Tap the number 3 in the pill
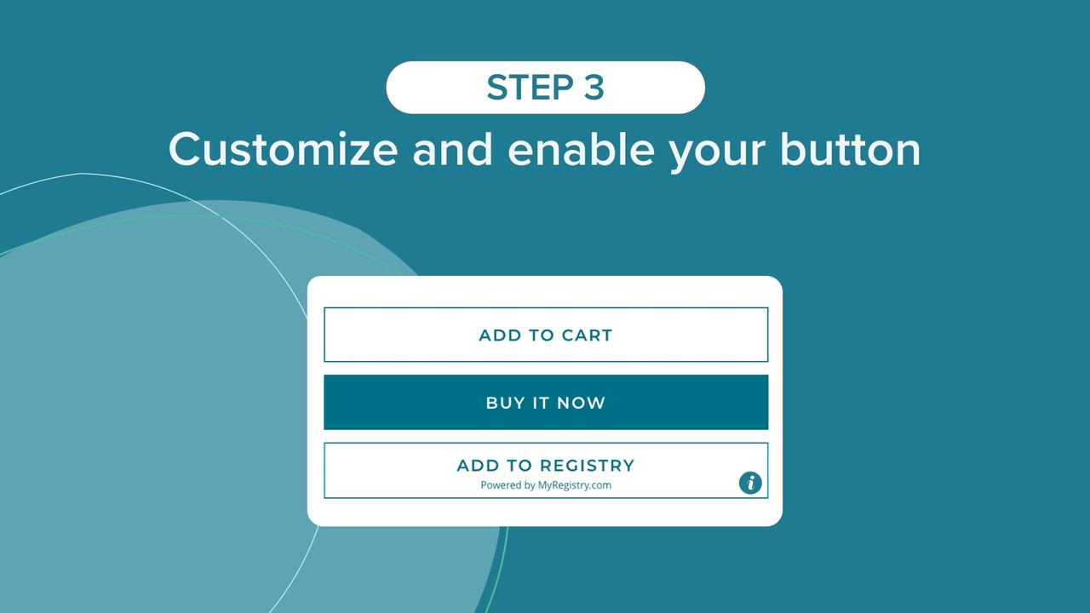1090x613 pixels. point(594,88)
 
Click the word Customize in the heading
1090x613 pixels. point(283,150)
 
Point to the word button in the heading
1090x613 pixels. point(850,150)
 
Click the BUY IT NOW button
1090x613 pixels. point(546,403)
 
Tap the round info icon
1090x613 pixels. point(750,483)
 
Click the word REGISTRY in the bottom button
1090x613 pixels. point(588,466)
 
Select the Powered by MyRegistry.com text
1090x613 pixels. point(546,485)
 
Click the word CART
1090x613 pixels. point(587,335)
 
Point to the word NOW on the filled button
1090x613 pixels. point(582,403)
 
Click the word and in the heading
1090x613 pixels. point(452,150)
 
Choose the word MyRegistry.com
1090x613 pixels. point(575,485)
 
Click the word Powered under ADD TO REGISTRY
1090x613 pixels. point(501,485)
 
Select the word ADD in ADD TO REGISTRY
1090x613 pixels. point(478,466)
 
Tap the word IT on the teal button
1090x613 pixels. point(542,403)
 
